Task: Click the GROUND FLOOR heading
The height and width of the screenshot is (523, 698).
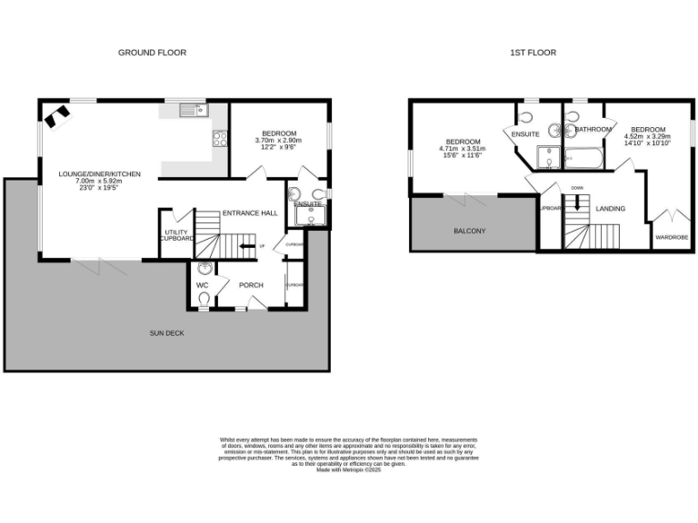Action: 152,53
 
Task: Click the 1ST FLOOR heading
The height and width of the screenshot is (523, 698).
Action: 533,53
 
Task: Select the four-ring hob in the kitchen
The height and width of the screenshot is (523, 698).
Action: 220,138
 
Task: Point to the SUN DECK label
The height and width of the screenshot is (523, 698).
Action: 166,333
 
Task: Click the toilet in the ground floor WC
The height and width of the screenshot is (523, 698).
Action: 204,298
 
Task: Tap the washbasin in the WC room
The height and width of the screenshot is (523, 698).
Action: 204,269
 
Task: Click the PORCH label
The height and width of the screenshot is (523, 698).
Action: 251,285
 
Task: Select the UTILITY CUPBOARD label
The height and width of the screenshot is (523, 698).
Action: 176,235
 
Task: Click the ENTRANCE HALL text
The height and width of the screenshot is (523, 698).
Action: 250,212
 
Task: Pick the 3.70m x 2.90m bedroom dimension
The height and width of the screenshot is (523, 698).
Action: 278,140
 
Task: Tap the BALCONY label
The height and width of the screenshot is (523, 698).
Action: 469,231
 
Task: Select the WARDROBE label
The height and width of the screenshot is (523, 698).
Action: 672,237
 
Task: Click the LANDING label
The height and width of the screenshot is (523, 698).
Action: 610,209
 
